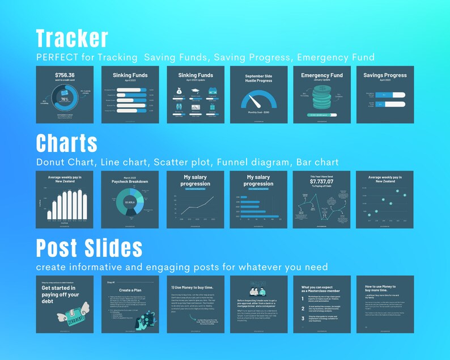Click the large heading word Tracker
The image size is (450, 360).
tap(72, 38)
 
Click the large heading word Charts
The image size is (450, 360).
tap(67, 143)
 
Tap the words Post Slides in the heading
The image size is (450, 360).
tap(89, 248)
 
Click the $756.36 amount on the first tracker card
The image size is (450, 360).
tap(64, 75)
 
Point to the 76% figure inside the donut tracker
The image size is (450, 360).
tap(65, 98)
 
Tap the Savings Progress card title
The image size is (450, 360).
tap(385, 75)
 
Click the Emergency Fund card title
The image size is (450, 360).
tap(321, 75)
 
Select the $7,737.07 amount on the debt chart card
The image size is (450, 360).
tap(321, 182)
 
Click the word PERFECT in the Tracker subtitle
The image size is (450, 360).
tap(57, 57)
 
